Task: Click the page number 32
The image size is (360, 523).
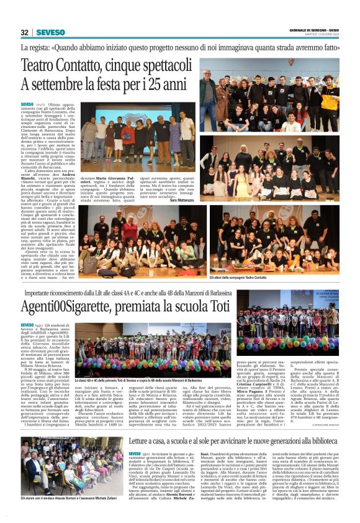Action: (x=25, y=32)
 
